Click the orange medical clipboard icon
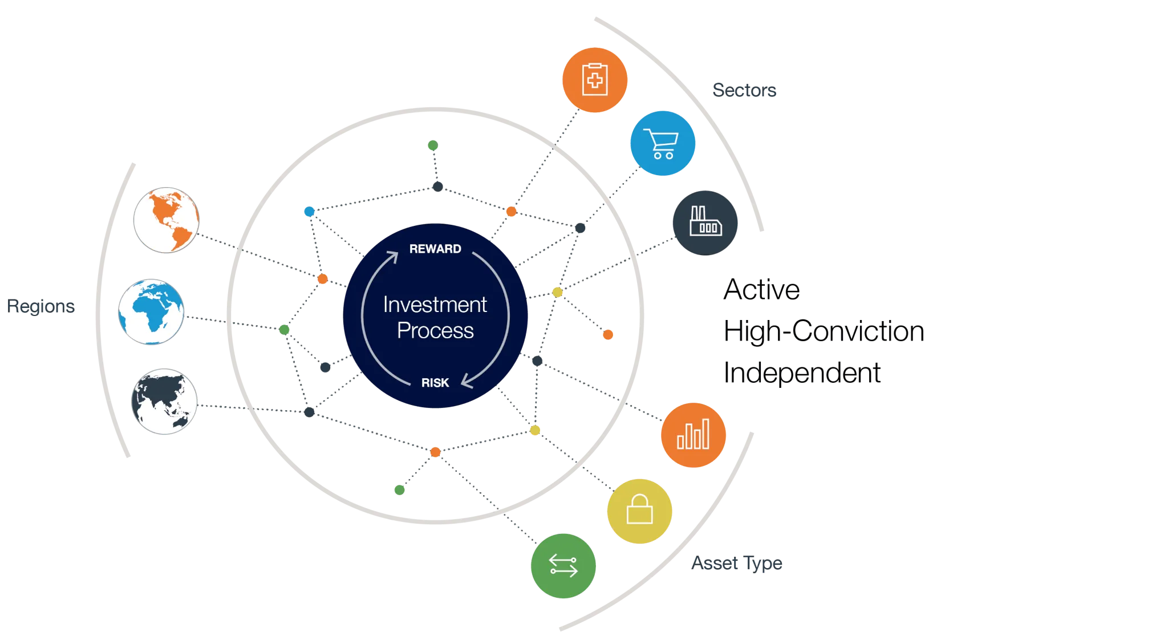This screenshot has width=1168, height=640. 595,79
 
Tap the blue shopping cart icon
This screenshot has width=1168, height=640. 663,143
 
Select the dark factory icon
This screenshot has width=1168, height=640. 705,222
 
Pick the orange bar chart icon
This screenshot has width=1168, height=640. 693,435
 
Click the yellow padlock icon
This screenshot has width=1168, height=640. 640,510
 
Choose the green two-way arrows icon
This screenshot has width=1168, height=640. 563,565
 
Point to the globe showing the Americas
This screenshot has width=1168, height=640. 166,220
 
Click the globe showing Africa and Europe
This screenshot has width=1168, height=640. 151,311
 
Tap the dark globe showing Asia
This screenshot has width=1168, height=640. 164,401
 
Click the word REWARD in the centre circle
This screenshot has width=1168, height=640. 435,249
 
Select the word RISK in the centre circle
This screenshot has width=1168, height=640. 435,383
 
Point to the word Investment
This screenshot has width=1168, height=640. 435,305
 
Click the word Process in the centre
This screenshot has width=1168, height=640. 435,331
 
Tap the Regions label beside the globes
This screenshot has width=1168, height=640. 40,306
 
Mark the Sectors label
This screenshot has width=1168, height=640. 745,90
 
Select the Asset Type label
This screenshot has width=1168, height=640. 737,563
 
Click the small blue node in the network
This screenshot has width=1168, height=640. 309,212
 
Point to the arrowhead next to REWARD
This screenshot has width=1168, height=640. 392,256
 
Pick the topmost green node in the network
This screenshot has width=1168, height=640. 433,145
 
